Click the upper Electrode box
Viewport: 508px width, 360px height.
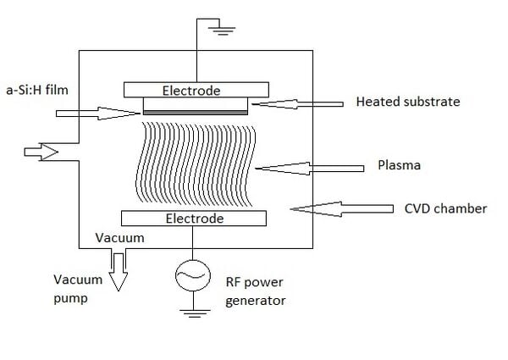tap(196, 90)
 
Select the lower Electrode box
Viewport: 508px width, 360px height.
tap(194, 218)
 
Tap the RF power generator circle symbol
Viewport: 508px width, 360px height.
tap(193, 275)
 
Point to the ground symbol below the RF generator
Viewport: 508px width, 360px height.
tap(195, 313)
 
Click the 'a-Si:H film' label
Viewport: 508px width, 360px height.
tap(37, 90)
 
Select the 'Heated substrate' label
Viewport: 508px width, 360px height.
tap(408, 102)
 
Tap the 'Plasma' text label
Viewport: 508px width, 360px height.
tap(399, 165)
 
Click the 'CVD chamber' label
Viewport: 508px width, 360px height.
tap(445, 208)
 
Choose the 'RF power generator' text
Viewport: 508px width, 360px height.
tap(256, 291)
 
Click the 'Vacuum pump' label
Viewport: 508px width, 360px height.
tap(78, 288)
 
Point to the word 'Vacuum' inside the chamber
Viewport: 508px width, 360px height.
tap(119, 238)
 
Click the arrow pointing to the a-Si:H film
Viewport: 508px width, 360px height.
tap(98, 114)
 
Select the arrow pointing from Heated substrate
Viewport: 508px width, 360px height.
tap(297, 104)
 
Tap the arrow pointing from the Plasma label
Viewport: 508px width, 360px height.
tap(309, 169)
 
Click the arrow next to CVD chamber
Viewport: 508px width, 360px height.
tap(342, 209)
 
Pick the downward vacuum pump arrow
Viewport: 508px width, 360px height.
tap(119, 272)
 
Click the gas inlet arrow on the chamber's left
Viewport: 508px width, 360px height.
tap(41, 152)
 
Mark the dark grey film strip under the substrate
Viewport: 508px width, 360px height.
tap(196, 113)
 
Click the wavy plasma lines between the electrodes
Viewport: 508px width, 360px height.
tap(196, 164)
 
